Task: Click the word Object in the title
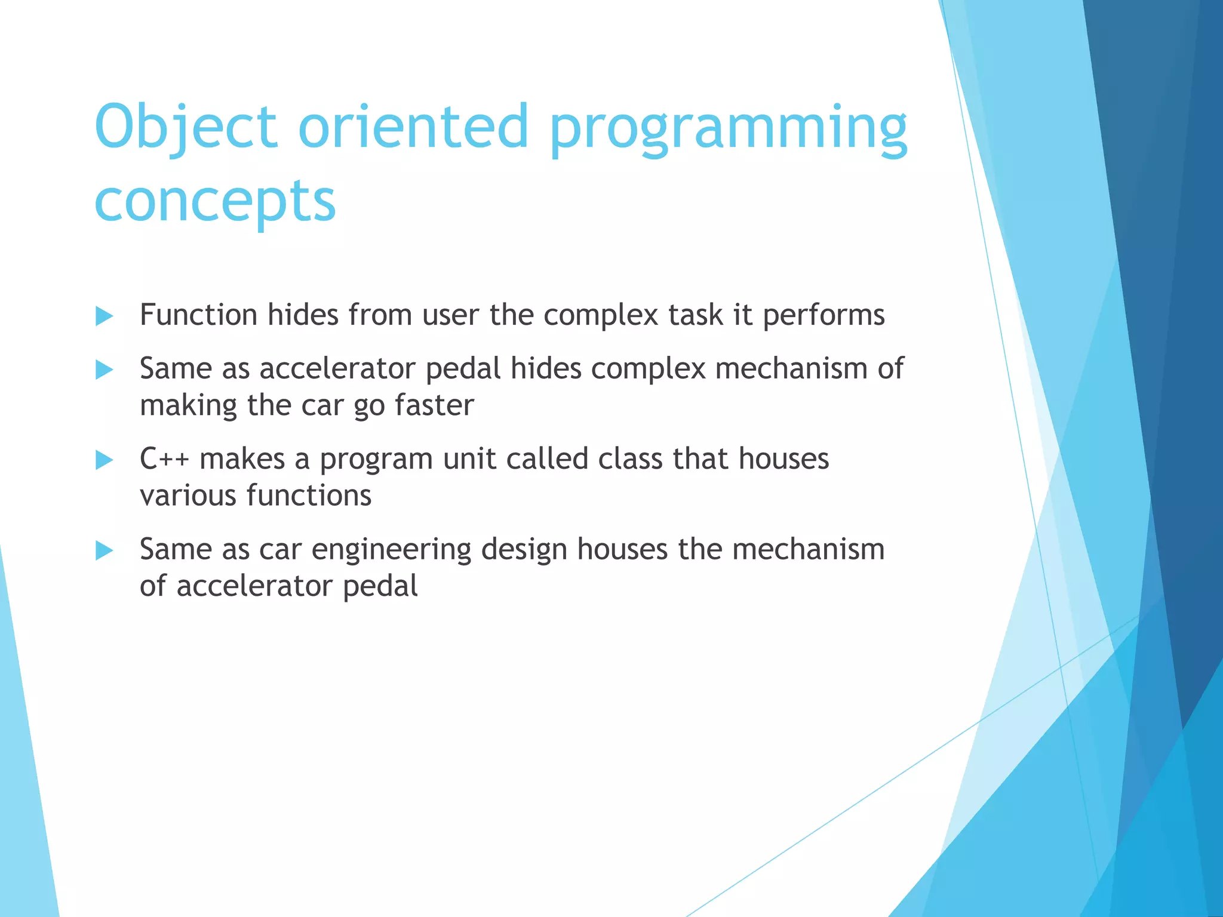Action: [x=186, y=127]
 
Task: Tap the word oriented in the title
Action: [x=413, y=127]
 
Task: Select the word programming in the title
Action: [x=728, y=130]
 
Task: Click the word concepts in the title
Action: [x=215, y=202]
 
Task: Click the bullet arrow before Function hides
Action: [x=105, y=316]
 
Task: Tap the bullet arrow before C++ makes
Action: [x=105, y=460]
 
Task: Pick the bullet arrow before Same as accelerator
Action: [x=105, y=370]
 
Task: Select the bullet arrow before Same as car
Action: [x=105, y=550]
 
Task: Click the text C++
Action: [x=164, y=459]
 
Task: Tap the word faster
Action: [x=434, y=405]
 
